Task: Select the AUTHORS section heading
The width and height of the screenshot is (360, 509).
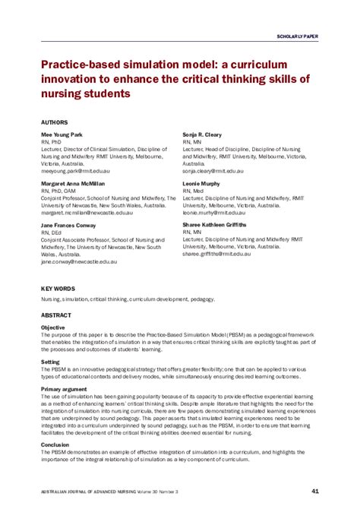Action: tap(55, 122)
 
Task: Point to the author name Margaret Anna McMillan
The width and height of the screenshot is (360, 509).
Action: tap(74, 183)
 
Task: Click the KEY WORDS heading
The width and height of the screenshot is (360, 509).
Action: tap(58, 289)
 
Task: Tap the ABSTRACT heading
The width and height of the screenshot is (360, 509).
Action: tap(56, 314)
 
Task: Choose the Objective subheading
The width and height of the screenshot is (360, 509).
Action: tap(53, 327)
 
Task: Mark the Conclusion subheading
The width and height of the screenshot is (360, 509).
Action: tap(55, 444)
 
